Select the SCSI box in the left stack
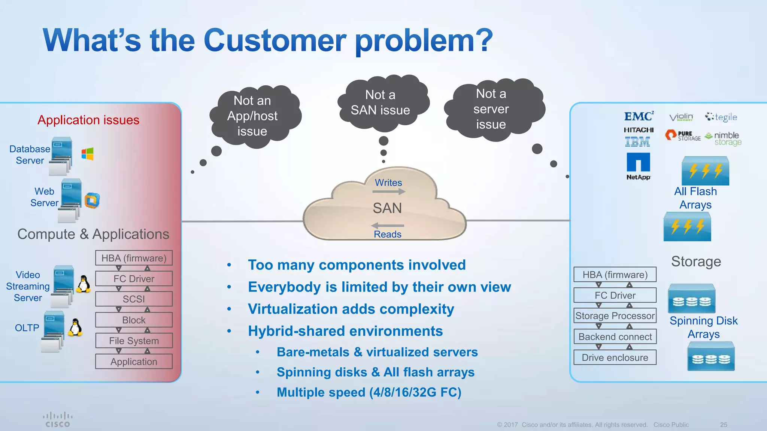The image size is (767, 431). [x=134, y=299]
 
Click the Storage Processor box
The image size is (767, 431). [x=615, y=316]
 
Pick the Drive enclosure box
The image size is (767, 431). [x=615, y=357]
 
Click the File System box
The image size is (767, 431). [x=134, y=340]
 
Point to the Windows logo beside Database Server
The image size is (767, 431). [x=87, y=154]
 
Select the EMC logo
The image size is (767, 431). [x=639, y=116]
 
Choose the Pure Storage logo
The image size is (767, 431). [x=682, y=135]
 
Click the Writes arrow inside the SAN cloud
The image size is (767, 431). [x=389, y=192]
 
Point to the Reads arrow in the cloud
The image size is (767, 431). [x=387, y=226]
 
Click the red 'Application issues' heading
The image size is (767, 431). [x=88, y=120]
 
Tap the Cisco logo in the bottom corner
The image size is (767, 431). [x=58, y=419]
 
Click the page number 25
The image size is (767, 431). [x=724, y=425]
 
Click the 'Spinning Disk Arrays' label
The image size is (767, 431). [x=703, y=327]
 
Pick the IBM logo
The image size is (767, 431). [x=637, y=142]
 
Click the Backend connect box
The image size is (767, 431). [x=615, y=337]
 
